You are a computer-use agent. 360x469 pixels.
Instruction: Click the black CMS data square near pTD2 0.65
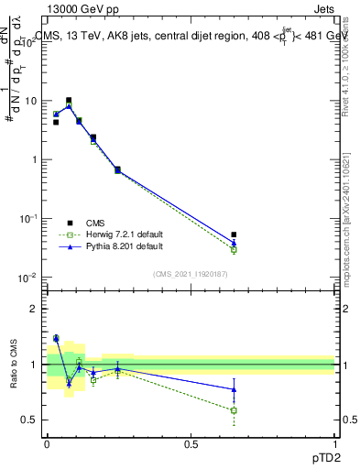coord(234,235)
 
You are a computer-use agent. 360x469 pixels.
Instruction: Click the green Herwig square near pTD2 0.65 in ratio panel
coord(234,410)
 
